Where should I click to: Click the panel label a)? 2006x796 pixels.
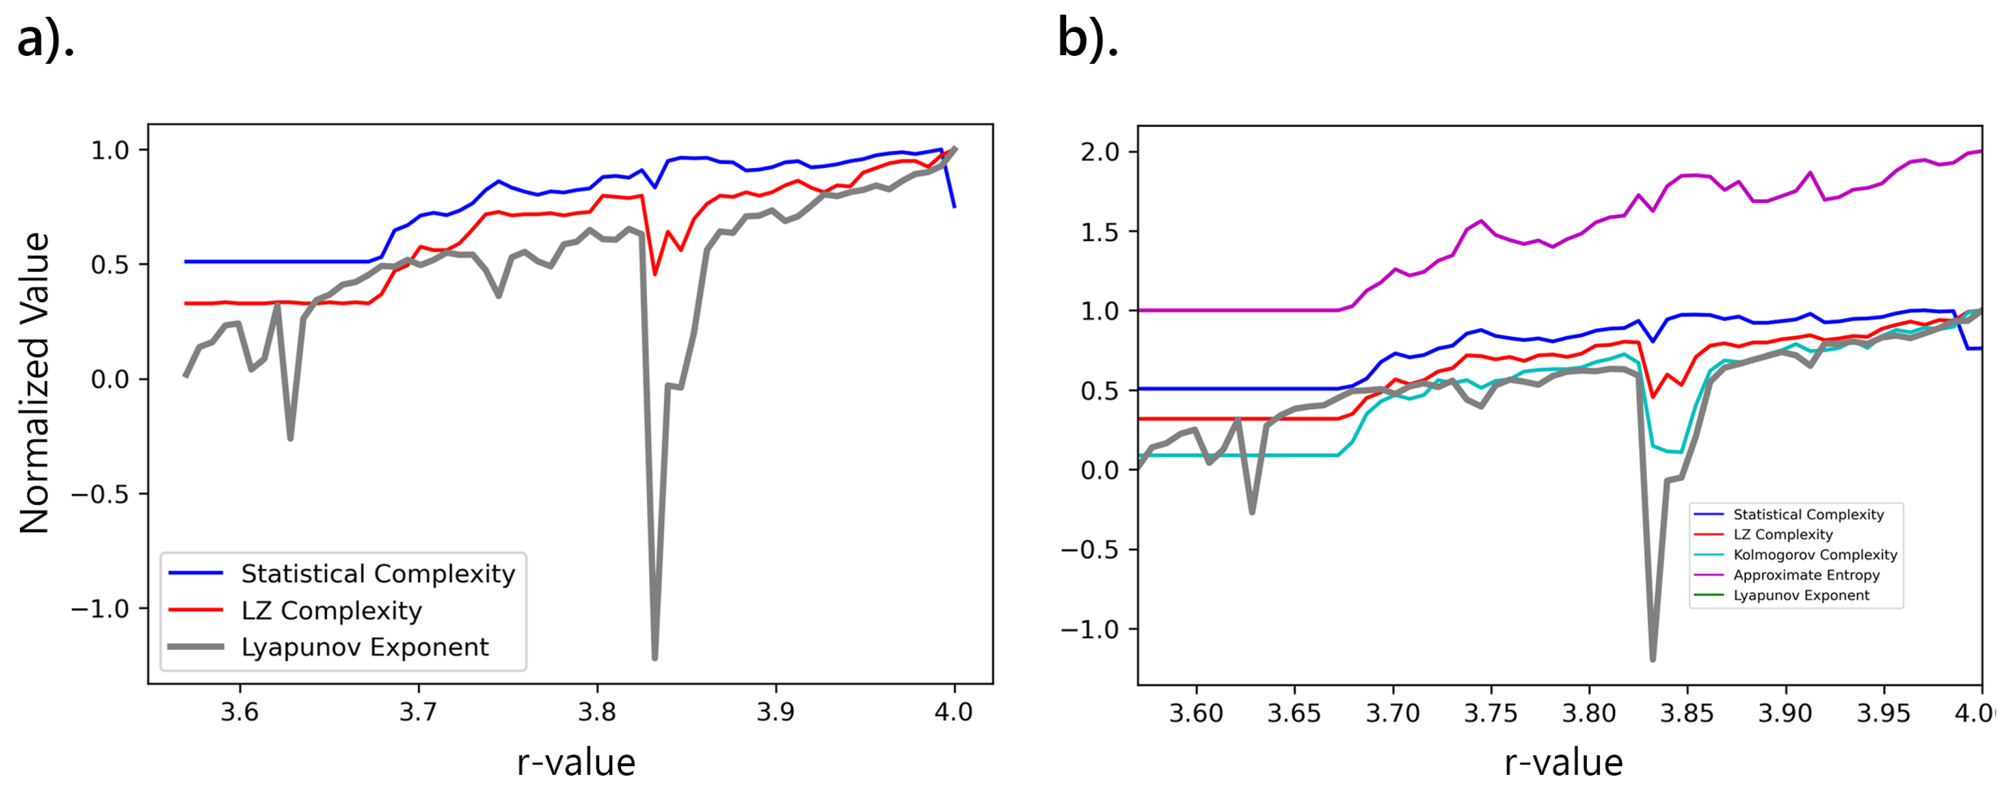click(x=45, y=39)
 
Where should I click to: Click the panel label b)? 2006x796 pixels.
click(x=1087, y=39)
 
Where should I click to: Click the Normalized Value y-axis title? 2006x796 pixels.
click(x=35, y=382)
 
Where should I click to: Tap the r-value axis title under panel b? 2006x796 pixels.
click(x=1563, y=762)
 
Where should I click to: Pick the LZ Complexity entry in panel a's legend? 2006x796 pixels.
click(x=331, y=610)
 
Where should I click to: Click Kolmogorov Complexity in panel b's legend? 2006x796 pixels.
click(x=1815, y=555)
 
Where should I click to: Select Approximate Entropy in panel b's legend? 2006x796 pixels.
click(x=1806, y=575)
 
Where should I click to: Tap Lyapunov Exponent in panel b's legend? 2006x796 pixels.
click(x=1800, y=595)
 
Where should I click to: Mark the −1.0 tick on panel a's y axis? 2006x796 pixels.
click(x=100, y=608)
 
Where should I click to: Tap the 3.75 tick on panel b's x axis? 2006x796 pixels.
click(x=1490, y=712)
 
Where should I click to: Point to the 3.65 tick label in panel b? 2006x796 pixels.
click(x=1294, y=712)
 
